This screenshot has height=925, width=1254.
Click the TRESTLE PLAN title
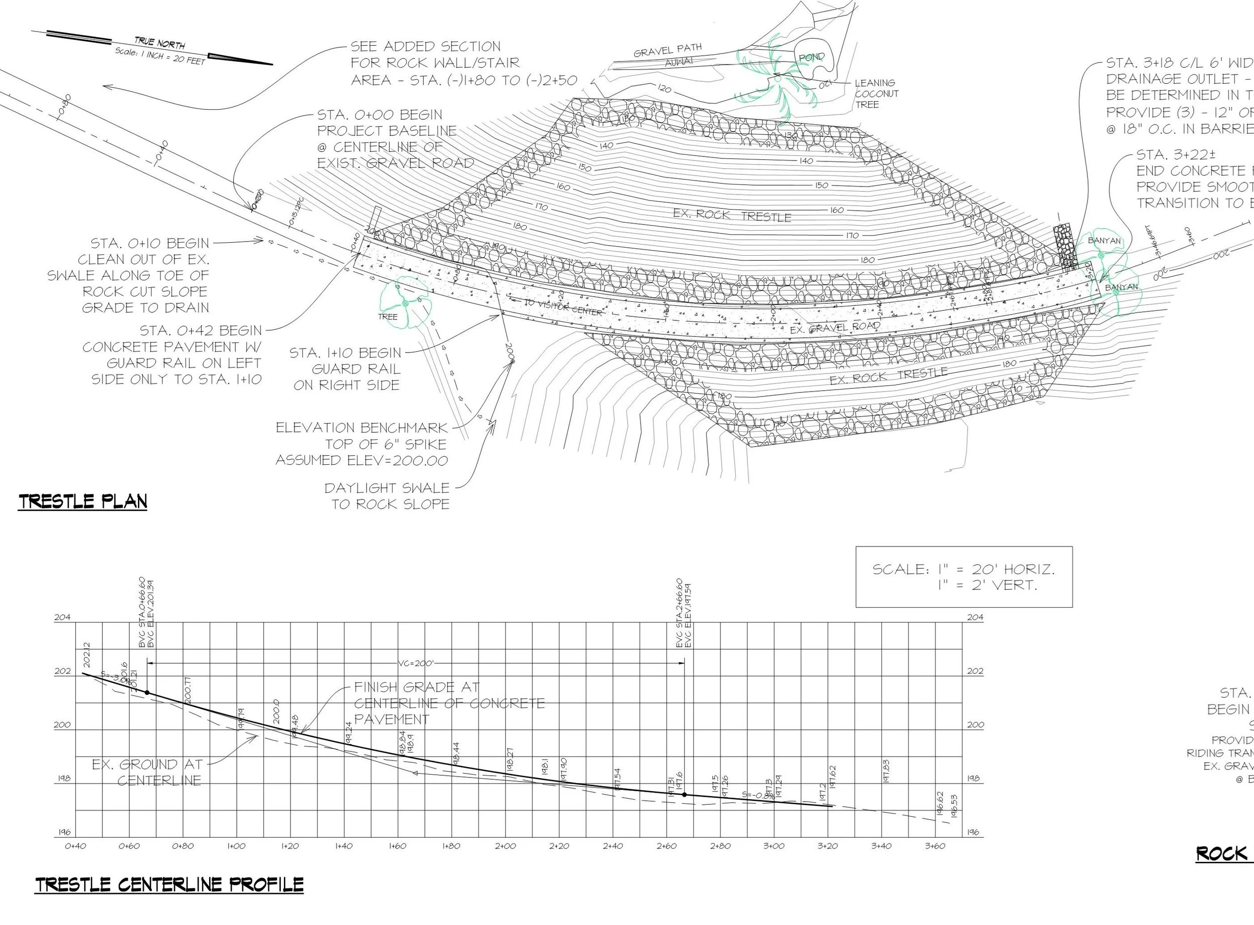tap(83, 501)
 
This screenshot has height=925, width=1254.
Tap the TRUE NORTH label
tap(160, 43)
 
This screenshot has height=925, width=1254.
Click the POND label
tap(811, 57)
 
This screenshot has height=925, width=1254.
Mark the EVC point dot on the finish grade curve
tap(684, 795)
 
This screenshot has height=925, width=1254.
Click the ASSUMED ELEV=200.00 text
tap(361, 461)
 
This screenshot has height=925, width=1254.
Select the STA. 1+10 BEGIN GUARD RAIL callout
tap(346, 369)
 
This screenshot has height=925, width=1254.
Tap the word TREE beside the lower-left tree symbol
tap(387, 317)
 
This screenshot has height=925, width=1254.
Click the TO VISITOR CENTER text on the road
tap(563, 307)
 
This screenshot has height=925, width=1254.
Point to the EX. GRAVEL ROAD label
tap(835, 327)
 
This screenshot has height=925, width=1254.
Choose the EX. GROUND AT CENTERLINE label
tap(147, 772)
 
